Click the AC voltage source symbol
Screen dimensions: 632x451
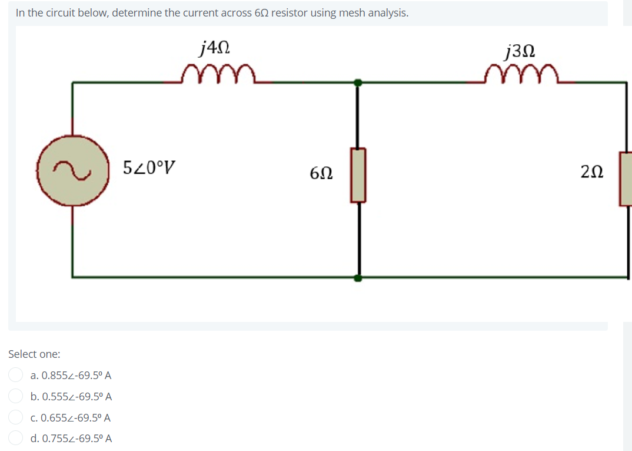point(73,170)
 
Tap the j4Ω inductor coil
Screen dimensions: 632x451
point(218,75)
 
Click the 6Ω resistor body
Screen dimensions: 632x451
point(358,175)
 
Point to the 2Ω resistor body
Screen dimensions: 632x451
point(626,178)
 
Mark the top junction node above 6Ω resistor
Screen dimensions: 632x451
point(358,83)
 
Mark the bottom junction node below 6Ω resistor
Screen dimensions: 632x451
point(358,277)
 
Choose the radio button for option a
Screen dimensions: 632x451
point(16,375)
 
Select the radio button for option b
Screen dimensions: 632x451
point(16,396)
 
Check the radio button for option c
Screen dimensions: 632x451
point(16,417)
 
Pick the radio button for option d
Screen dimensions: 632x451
point(16,438)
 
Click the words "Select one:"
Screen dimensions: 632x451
point(34,354)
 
